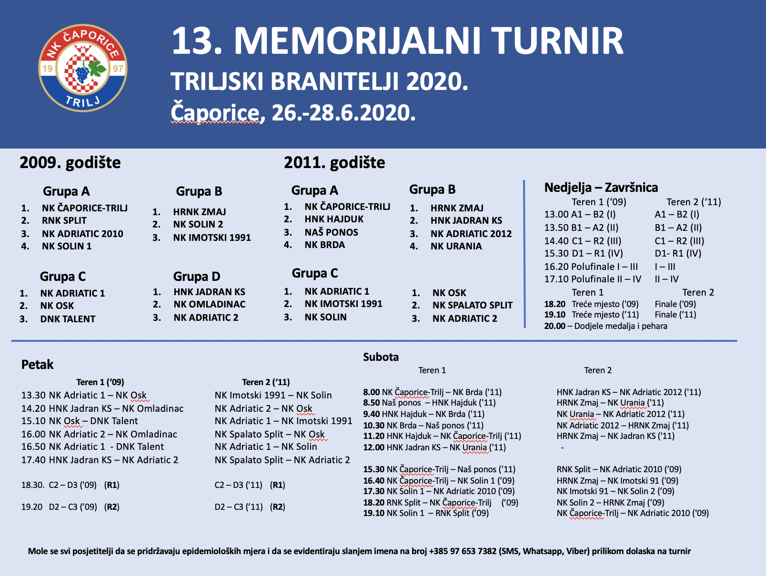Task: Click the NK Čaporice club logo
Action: click(x=82, y=68)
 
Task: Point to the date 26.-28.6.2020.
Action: click(x=343, y=113)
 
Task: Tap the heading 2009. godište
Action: click(x=70, y=163)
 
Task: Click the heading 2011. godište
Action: click(x=334, y=163)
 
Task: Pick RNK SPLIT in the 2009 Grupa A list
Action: click(x=64, y=221)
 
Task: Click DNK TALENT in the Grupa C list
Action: click(x=68, y=319)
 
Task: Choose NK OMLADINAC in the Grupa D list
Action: click(x=210, y=305)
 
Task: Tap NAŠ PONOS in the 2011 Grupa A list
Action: click(x=331, y=232)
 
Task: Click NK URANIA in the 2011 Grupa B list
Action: click(x=456, y=246)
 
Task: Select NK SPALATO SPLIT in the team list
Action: click(x=472, y=305)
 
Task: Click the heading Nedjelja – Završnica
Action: click(x=601, y=188)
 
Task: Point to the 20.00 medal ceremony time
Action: click(x=554, y=326)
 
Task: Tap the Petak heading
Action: click(x=37, y=365)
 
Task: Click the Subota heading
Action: click(x=381, y=357)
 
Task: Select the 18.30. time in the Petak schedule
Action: click(x=33, y=485)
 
